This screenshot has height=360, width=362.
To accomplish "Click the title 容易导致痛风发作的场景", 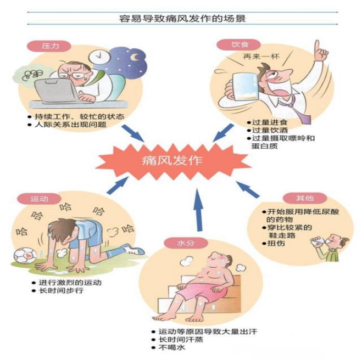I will pyautogui.click(x=182, y=18).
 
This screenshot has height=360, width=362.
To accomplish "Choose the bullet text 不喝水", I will pyautogui.click(x=170, y=347).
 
